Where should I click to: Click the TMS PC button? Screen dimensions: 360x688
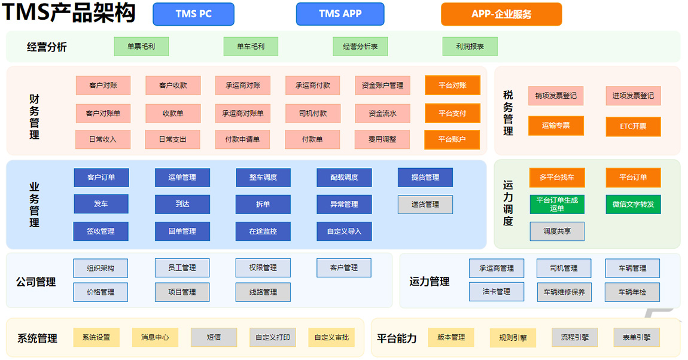click(193, 14)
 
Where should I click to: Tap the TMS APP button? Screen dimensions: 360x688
click(340, 14)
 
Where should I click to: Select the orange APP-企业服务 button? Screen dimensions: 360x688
click(501, 14)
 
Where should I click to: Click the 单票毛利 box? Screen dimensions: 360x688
click(141, 46)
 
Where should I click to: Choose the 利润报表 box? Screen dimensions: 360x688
click(470, 46)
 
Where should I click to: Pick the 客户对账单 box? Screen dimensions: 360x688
click(103, 113)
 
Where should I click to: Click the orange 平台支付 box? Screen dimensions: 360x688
click(452, 113)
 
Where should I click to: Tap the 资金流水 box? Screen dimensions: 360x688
click(382, 113)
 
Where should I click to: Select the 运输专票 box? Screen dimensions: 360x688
click(556, 126)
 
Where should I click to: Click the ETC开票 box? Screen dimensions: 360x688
click(633, 126)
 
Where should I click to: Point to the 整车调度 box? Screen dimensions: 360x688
click(263, 177)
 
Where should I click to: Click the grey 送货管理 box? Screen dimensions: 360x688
click(425, 205)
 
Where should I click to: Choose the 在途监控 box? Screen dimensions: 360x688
click(263, 231)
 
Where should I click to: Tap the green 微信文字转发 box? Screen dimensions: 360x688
click(633, 205)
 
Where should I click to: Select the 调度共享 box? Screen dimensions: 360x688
click(556, 231)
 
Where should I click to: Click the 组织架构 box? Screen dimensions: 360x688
click(101, 268)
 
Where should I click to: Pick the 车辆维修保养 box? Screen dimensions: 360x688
click(564, 292)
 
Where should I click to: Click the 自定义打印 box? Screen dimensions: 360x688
click(273, 337)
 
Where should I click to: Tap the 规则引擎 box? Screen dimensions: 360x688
click(513, 338)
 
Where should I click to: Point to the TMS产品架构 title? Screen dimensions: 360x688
click(69, 13)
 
